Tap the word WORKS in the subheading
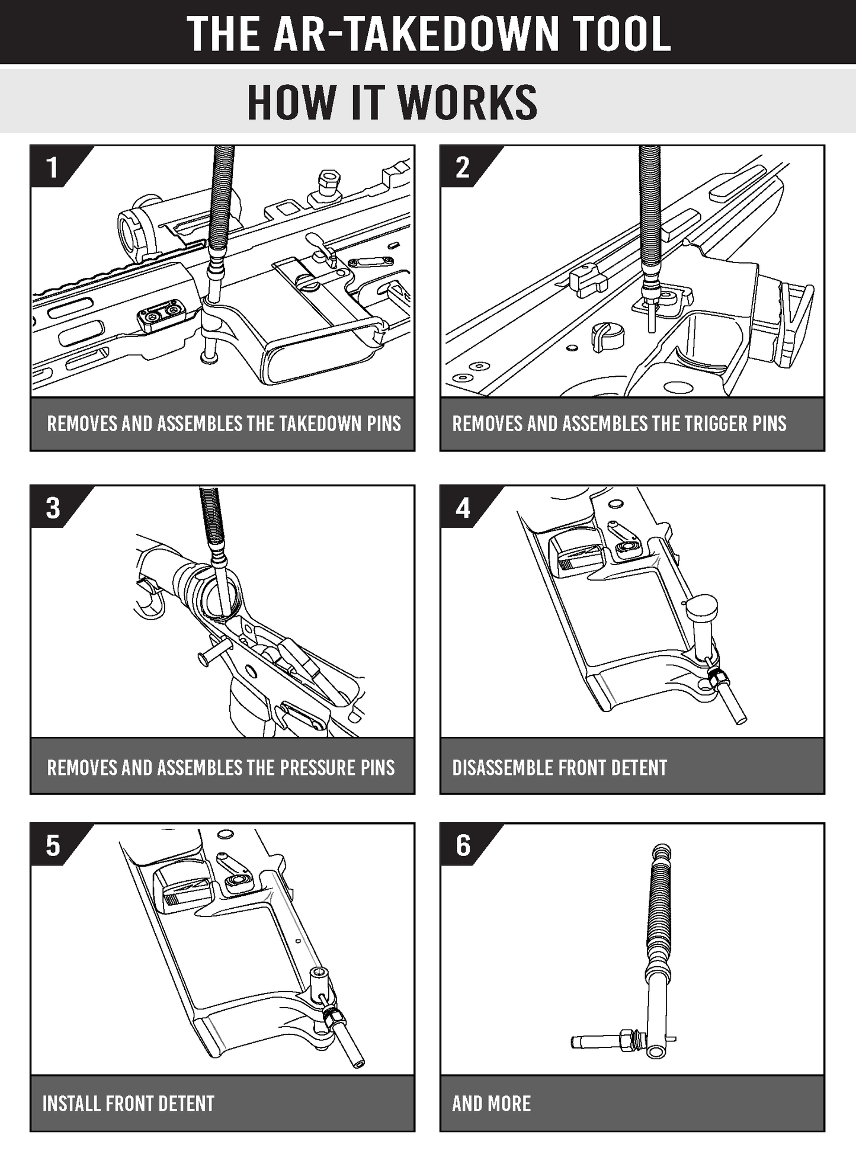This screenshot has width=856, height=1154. click(467, 102)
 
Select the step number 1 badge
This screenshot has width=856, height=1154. click(53, 168)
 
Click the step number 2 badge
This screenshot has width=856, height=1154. click(463, 168)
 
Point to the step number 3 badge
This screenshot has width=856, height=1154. click(53, 508)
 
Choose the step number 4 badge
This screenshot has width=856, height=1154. click(463, 508)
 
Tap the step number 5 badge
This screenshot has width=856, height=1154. click(53, 845)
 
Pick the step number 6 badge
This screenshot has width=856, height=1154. click(463, 845)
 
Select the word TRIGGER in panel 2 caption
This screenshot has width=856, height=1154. click(707, 424)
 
